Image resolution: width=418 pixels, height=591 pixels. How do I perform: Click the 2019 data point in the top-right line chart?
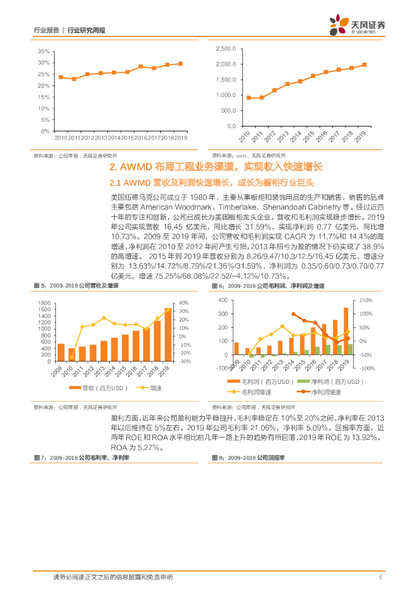[x=364, y=65]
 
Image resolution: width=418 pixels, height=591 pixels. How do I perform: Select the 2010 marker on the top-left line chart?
[x=61, y=77]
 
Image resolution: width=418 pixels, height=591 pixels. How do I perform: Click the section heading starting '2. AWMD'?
[x=216, y=167]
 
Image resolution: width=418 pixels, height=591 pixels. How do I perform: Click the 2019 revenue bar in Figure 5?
[x=168, y=335]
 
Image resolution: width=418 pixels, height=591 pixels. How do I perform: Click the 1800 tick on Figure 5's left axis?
[x=43, y=303]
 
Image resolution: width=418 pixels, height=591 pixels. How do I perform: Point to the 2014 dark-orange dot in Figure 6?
[x=293, y=314]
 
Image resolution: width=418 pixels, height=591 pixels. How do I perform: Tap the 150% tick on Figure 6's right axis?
[x=366, y=301]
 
